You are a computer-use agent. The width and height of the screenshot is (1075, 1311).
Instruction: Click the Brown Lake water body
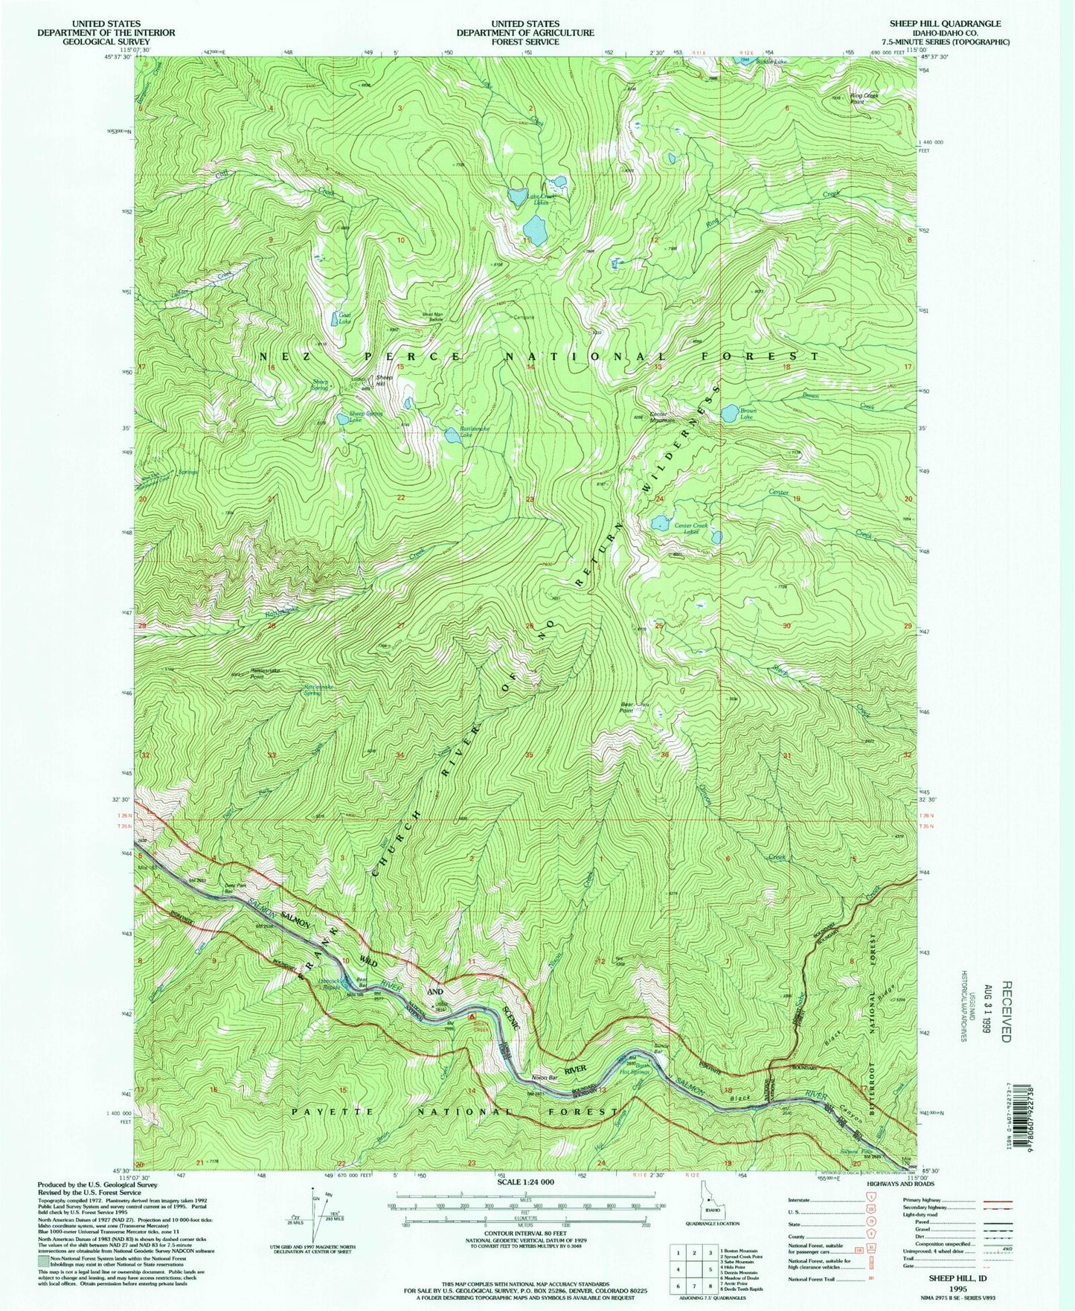pos(729,411)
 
